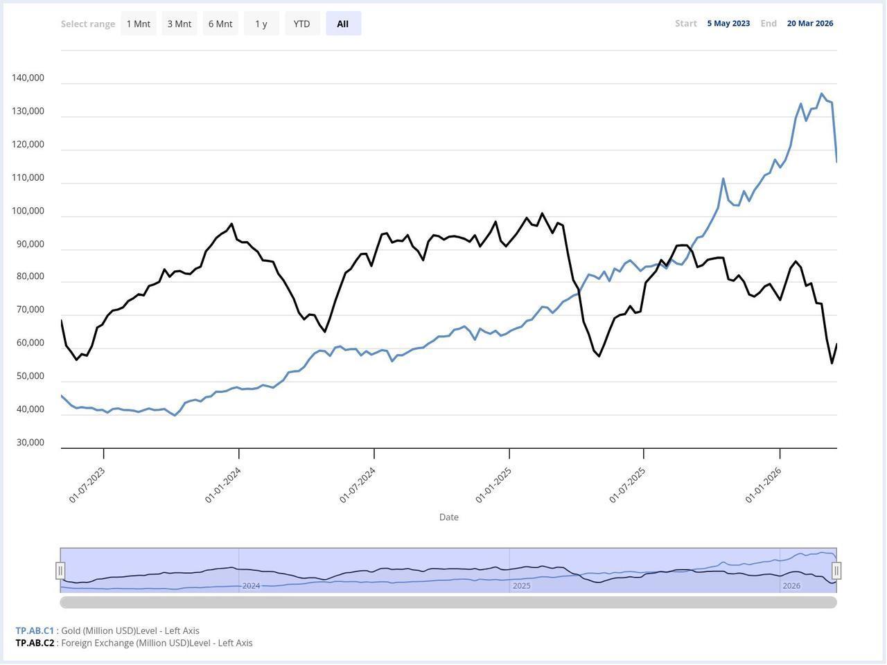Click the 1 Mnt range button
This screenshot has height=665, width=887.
click(x=138, y=24)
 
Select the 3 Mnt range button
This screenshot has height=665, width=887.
click(x=179, y=24)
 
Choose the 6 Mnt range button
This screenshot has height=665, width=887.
click(x=220, y=24)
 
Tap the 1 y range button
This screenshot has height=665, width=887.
click(x=261, y=24)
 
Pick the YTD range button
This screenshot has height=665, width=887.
click(x=302, y=24)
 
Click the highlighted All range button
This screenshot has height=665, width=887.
click(x=343, y=24)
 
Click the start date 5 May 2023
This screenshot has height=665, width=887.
click(x=728, y=24)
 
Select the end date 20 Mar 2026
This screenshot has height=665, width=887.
click(x=810, y=24)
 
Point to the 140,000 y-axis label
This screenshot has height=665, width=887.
click(x=28, y=78)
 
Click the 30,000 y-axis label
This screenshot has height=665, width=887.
click(x=30, y=443)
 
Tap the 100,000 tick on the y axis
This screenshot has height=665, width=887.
click(x=28, y=211)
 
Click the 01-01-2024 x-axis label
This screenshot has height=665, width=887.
click(x=223, y=484)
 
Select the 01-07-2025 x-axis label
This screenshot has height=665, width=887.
click(x=628, y=484)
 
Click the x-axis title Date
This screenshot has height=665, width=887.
click(x=448, y=517)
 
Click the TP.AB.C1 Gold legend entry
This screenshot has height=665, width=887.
click(x=107, y=631)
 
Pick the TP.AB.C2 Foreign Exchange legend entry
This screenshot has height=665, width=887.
click(x=134, y=643)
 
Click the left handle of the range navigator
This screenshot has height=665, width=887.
click(x=60, y=571)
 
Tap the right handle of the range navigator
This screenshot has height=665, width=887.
click(x=836, y=571)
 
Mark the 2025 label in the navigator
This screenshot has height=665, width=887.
click(x=522, y=586)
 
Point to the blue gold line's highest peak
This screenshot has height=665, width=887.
click(x=822, y=94)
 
